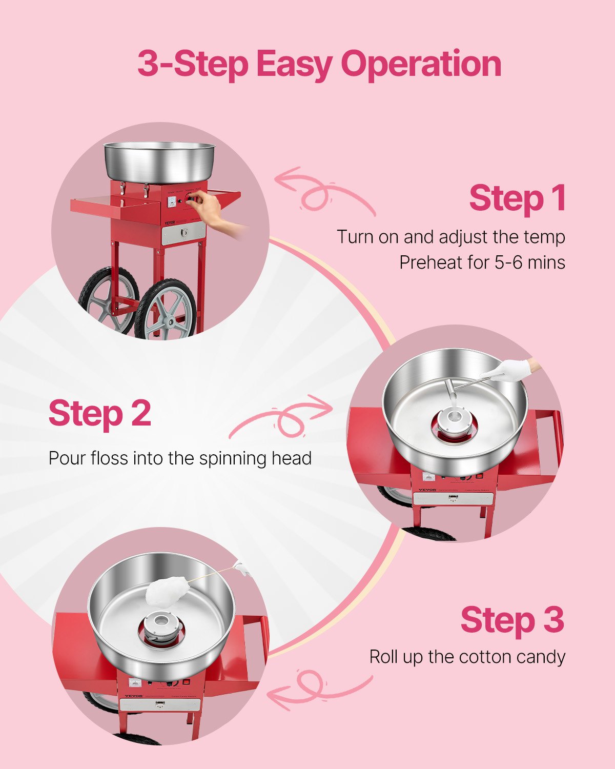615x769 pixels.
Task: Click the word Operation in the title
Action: pos(421,65)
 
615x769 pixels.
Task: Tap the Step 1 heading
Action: pos(517,198)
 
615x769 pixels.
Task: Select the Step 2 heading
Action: pos(100,413)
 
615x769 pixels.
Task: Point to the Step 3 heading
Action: pos(512,620)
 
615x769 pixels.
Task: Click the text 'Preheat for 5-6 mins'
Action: pos(482,262)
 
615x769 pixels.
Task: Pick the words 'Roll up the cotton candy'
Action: pos(467,657)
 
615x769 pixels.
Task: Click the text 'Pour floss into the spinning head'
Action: pos(180,458)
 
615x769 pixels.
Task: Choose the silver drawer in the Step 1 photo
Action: pos(183,234)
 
